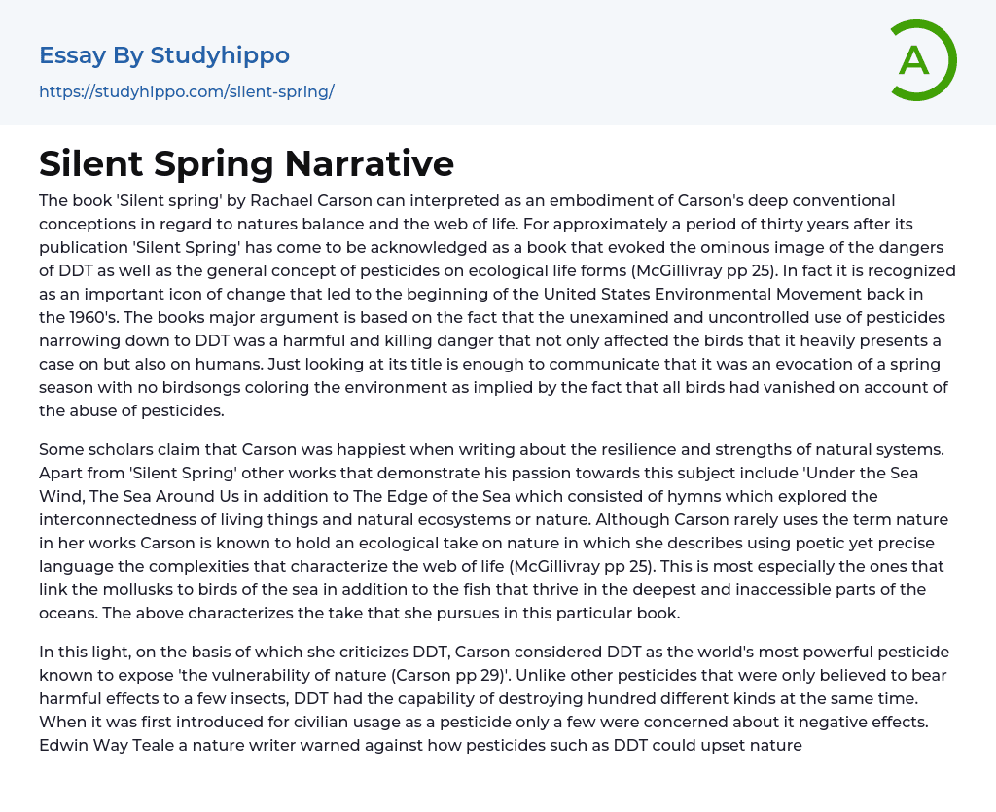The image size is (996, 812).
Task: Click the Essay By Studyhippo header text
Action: (x=164, y=55)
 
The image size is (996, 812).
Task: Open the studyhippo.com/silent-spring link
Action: (x=187, y=91)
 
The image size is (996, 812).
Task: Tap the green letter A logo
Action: (x=916, y=60)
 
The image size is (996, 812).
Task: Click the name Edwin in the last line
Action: (x=63, y=745)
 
